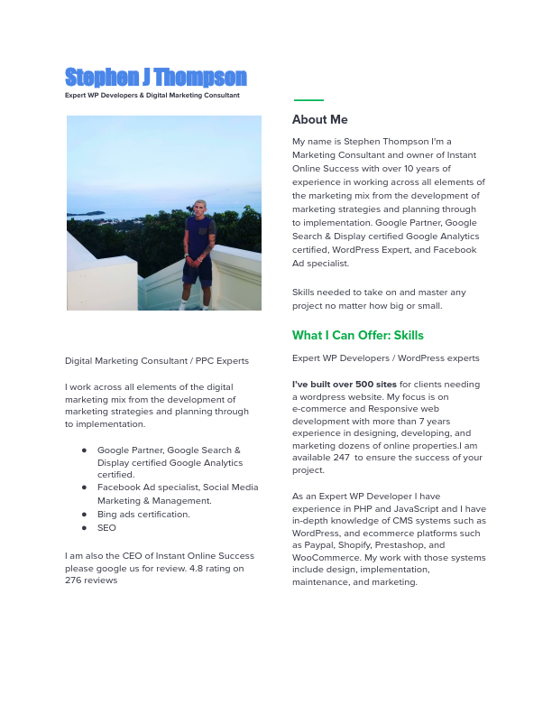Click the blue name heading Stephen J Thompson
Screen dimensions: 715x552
click(155, 78)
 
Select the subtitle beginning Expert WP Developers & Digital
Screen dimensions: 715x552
click(152, 95)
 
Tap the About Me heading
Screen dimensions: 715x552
click(319, 119)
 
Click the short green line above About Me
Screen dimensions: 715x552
click(308, 100)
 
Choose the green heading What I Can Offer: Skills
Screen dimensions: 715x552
click(357, 336)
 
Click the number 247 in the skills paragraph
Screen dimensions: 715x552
click(341, 458)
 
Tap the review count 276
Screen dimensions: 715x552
click(73, 580)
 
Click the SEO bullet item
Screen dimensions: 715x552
click(106, 528)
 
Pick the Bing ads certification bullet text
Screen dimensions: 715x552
click(143, 515)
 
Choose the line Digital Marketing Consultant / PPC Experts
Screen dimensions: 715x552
click(156, 361)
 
